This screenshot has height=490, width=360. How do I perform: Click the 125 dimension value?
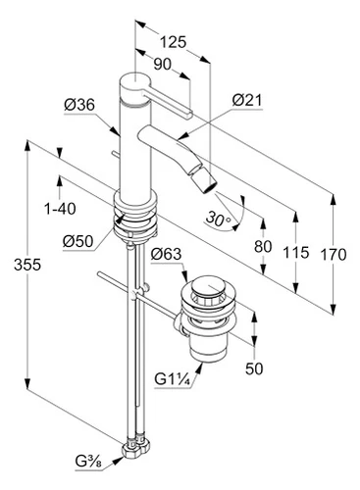(x=173, y=42)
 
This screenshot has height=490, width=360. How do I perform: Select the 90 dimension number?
(x=162, y=65)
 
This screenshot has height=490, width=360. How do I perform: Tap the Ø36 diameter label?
(x=79, y=105)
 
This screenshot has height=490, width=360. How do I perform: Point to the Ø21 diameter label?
(x=247, y=100)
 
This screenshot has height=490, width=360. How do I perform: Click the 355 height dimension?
(x=27, y=265)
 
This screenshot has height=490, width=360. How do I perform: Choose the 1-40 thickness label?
(x=60, y=209)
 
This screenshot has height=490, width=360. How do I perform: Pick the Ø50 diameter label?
(x=78, y=241)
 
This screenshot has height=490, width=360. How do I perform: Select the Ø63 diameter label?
(x=166, y=254)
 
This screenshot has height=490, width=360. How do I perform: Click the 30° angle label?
(x=219, y=219)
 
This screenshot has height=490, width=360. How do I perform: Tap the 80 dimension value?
(x=263, y=246)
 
